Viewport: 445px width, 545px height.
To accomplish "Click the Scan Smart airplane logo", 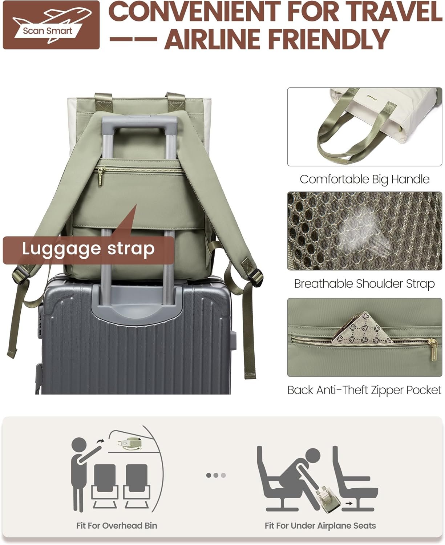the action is pyautogui.click(x=51, y=25).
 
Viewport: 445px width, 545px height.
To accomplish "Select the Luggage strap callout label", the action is pyautogui.click(x=88, y=250).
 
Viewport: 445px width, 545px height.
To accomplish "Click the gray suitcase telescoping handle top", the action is pyautogui.click(x=140, y=122).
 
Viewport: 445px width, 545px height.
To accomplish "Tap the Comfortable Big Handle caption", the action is pyautogui.click(x=364, y=179).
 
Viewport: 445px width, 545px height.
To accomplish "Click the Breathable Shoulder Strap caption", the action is pyautogui.click(x=364, y=284).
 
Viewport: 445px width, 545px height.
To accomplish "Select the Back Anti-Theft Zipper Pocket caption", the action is pyautogui.click(x=364, y=390).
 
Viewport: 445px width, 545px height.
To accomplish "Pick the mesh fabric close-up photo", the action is pyautogui.click(x=365, y=231).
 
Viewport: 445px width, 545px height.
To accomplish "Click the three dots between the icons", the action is pyautogui.click(x=216, y=475).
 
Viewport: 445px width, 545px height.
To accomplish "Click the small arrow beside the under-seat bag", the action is pyautogui.click(x=349, y=503).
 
